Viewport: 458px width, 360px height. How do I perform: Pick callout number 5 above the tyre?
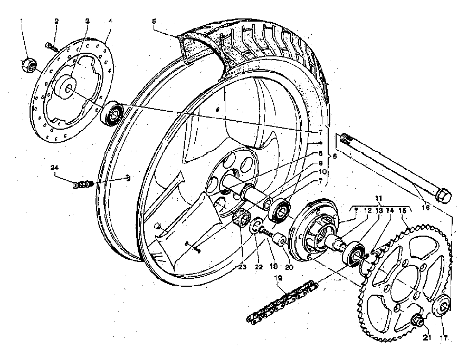(x=154, y=22)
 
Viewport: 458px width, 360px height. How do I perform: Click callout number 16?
(x=425, y=208)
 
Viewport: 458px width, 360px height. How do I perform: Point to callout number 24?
(x=53, y=168)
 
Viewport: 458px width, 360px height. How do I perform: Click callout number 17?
(x=444, y=337)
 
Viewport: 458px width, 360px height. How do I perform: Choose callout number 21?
(x=426, y=337)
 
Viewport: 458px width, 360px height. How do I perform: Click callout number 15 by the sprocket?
(x=404, y=210)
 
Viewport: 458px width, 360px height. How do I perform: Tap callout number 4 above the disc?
(x=110, y=22)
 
